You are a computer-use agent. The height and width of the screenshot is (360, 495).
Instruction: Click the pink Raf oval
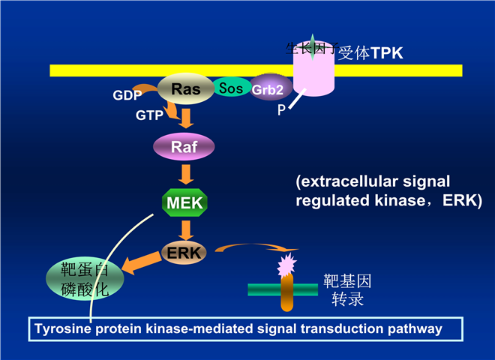pos(184,146)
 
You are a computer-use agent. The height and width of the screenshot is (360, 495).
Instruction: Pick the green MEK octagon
pos(184,201)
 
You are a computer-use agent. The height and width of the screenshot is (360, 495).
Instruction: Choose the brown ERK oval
pos(184,253)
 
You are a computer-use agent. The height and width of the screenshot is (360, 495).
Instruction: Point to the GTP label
pos(148,116)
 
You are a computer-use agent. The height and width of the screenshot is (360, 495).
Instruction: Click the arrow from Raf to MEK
pos(184,173)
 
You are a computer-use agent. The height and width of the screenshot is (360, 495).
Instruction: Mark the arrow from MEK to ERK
pos(184,227)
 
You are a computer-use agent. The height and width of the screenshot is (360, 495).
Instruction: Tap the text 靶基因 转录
pos(347,290)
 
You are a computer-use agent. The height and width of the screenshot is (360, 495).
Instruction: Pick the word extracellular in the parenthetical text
pos(346,182)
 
